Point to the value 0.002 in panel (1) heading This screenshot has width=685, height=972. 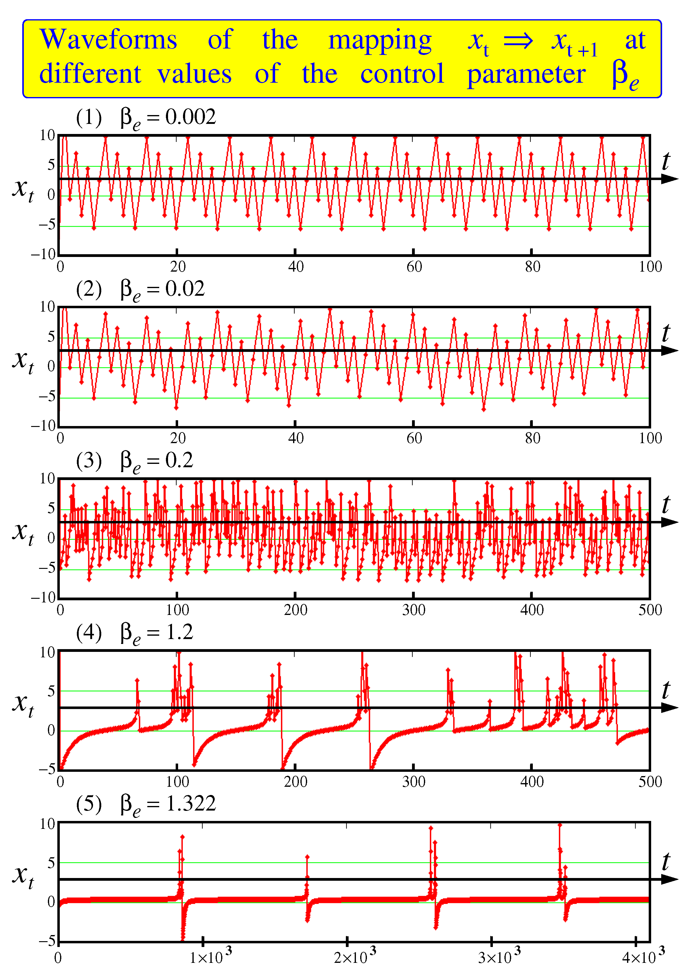click(x=190, y=117)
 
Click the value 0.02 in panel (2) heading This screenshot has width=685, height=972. click(x=185, y=289)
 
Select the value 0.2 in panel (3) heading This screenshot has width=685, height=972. click(x=179, y=460)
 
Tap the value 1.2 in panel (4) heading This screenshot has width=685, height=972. click(x=179, y=632)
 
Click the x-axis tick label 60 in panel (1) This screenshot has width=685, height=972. click(x=414, y=267)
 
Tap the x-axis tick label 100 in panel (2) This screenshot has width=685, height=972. click(x=650, y=438)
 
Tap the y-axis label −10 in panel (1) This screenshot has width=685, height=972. click(x=43, y=254)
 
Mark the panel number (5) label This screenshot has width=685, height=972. click(x=89, y=804)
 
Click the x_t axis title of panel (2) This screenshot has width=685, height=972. click(x=23, y=361)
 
